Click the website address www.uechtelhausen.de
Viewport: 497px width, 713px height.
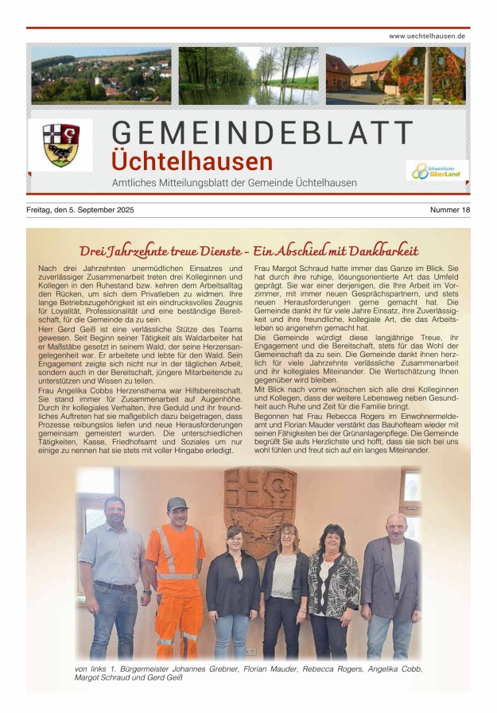point(427,37)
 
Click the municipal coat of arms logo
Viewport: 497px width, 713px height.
point(60,145)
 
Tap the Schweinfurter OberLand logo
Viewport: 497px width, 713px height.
point(437,171)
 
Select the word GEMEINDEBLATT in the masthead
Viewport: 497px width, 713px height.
point(263,134)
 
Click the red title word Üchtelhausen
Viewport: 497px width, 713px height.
point(192,161)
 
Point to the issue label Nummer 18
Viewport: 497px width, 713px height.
point(450,210)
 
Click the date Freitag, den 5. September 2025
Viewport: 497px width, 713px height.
point(80,210)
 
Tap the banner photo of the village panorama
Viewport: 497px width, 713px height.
point(101,76)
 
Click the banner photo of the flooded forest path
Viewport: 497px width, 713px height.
point(248,76)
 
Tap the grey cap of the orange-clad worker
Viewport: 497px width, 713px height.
point(177,503)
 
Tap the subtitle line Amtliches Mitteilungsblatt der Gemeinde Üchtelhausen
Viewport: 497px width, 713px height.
point(234,183)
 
